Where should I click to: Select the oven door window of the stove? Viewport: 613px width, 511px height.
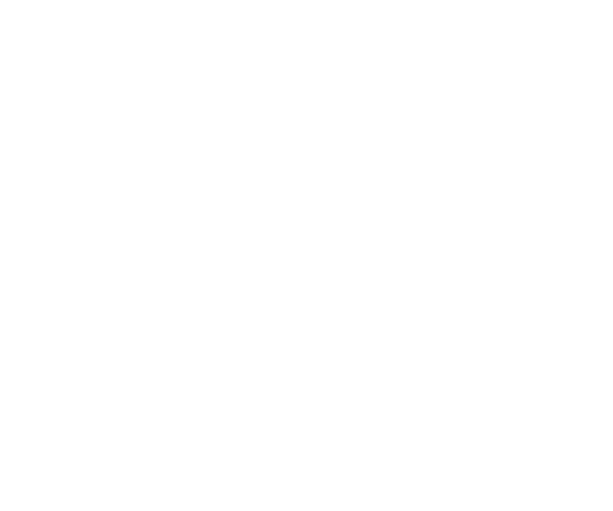59,425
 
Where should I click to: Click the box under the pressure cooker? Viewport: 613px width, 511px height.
152,475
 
